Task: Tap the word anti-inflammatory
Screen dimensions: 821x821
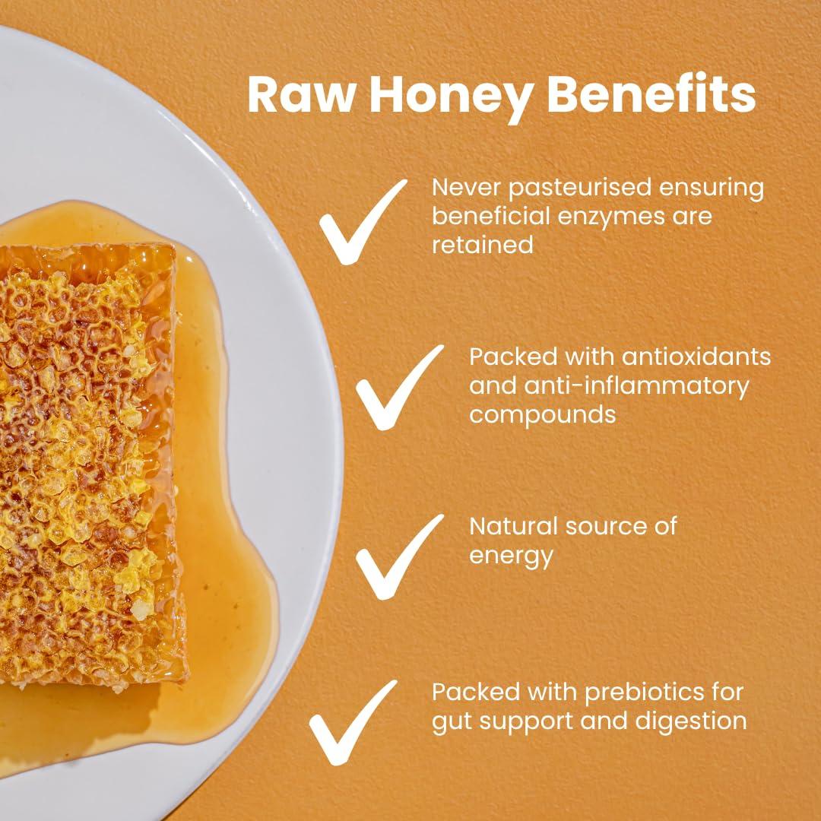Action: [635, 385]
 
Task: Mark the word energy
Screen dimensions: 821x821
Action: [511, 555]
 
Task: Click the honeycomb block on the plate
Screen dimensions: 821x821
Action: [84, 456]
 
